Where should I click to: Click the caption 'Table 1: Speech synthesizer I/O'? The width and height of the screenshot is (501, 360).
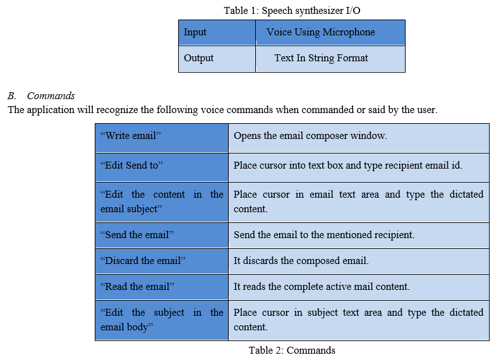pos(292,11)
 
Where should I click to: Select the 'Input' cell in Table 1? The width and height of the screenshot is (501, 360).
pos(217,33)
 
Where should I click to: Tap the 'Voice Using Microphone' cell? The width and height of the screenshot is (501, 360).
pos(330,33)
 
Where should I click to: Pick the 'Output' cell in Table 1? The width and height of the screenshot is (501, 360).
pos(217,59)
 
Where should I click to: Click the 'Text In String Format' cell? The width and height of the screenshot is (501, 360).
pos(330,59)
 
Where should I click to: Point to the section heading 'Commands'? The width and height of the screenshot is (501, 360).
pos(51,96)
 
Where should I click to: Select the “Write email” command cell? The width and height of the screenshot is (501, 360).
pos(162,138)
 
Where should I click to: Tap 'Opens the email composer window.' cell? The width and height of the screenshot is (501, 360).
pos(359,138)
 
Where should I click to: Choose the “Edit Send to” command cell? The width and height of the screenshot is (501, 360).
pos(162,167)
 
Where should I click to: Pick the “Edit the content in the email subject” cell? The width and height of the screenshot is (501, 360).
pos(162,202)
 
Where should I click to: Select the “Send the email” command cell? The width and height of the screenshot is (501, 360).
pos(162,236)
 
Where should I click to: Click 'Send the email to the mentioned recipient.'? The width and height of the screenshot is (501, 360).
pos(324,235)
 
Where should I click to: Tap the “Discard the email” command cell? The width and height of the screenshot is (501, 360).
pos(162,261)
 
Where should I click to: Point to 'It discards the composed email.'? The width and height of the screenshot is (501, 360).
pos(301,261)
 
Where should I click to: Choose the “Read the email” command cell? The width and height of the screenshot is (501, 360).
pos(162,287)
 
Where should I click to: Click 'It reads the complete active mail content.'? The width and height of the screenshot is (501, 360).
pos(322,287)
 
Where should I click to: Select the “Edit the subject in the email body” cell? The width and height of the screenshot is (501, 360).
pos(162,320)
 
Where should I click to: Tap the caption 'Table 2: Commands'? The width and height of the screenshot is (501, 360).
pos(292,351)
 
